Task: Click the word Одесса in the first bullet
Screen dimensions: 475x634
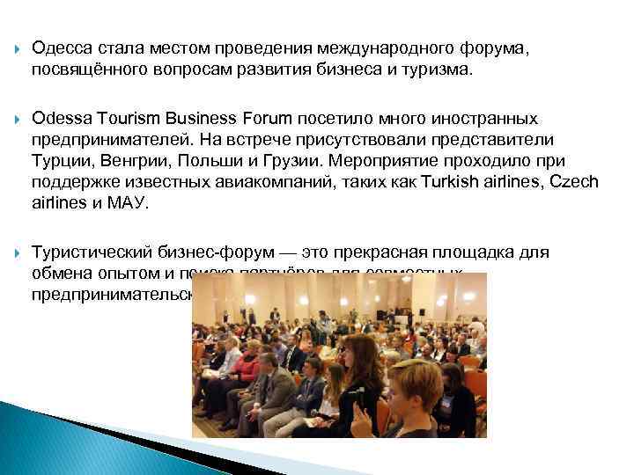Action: (x=60, y=49)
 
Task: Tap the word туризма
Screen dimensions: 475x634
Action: (x=436, y=69)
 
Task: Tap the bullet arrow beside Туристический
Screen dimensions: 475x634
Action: (x=18, y=252)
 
